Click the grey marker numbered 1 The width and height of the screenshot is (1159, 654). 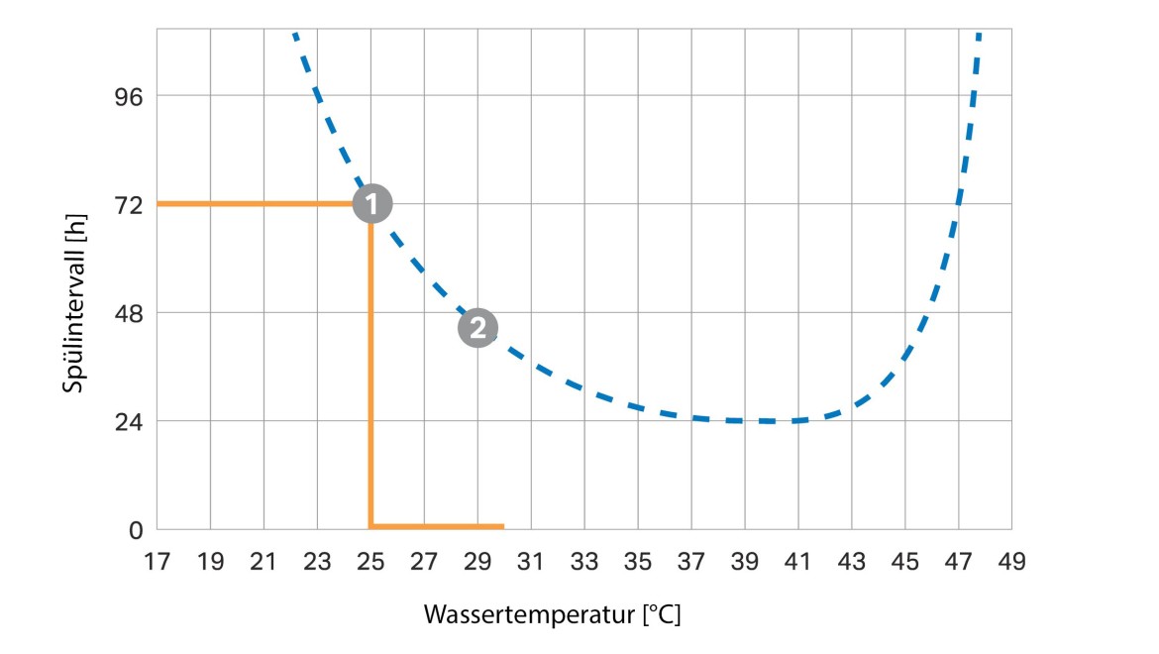(x=371, y=204)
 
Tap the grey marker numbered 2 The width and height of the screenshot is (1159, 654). (x=477, y=327)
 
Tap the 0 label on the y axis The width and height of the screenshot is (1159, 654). (x=137, y=530)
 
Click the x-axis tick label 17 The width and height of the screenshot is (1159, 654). (x=157, y=562)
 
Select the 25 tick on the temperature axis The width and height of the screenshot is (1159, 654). (x=370, y=562)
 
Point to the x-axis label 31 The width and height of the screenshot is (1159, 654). (x=531, y=562)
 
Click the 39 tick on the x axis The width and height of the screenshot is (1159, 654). (x=745, y=562)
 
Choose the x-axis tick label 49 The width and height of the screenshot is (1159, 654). (x=1011, y=562)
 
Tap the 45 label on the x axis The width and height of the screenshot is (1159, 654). (x=904, y=562)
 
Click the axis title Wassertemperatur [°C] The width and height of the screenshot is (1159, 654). (x=553, y=614)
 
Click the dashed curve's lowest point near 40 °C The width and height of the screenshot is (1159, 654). (x=768, y=421)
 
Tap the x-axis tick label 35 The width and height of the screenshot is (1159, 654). (x=638, y=562)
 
